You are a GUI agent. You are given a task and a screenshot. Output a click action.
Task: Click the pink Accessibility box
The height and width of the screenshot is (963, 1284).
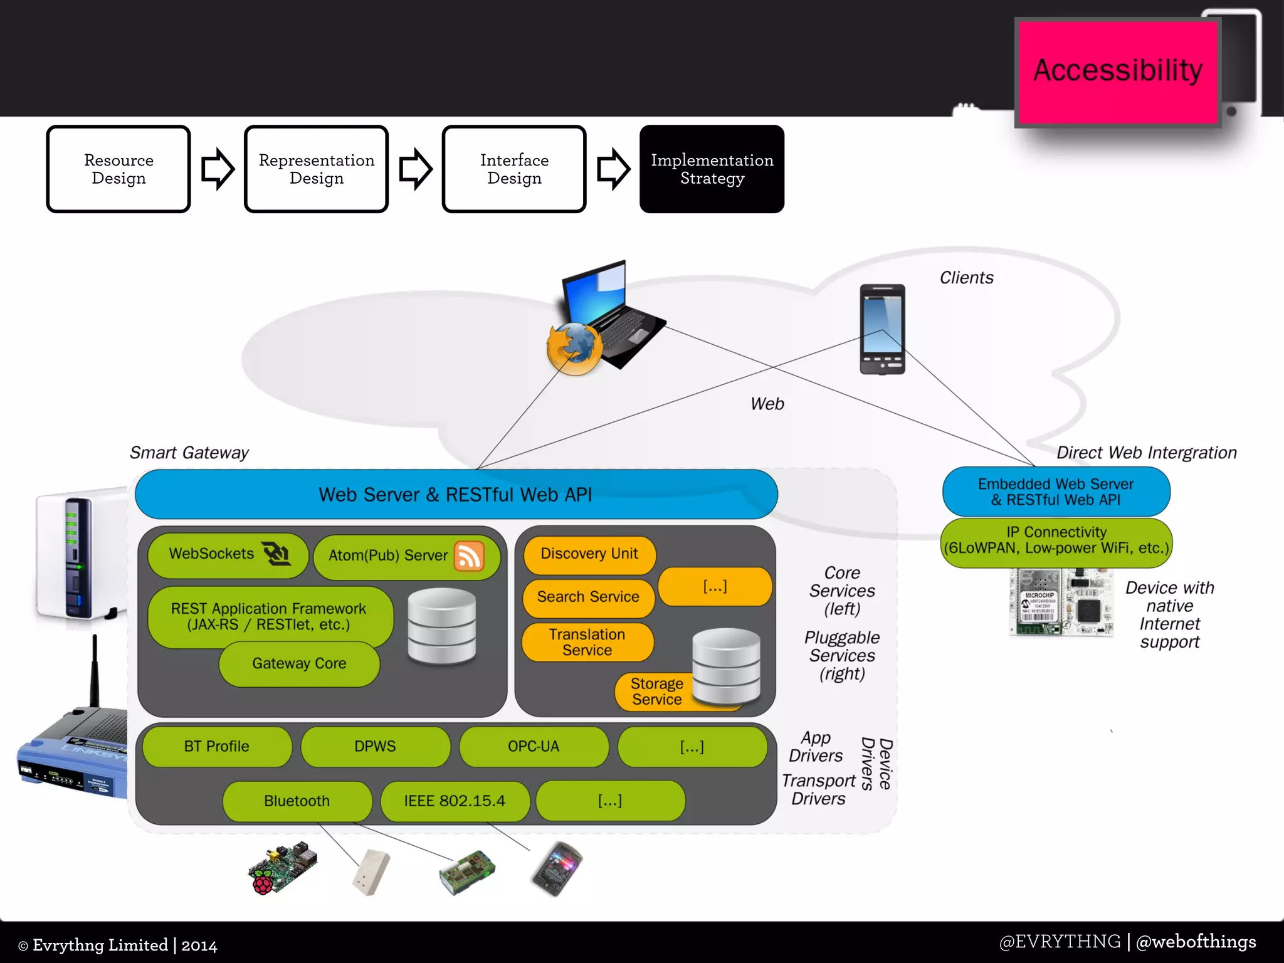point(1117,71)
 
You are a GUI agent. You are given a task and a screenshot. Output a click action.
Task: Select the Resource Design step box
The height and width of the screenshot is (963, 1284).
point(118,169)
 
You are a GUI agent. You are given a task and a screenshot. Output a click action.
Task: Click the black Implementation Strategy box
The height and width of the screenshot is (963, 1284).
point(712,169)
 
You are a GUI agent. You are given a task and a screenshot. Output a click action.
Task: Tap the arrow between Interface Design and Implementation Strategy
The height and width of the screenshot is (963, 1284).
point(613,169)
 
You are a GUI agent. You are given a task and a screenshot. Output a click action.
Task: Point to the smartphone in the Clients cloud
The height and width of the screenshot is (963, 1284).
point(882,329)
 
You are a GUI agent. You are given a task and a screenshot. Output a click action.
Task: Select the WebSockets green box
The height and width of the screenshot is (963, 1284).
point(227,554)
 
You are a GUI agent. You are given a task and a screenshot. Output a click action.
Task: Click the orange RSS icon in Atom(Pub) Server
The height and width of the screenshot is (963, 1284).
point(470,555)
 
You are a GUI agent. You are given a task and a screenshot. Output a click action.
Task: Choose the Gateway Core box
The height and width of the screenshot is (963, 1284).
point(299,664)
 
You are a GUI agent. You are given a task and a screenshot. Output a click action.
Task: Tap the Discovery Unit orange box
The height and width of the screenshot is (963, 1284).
point(589,554)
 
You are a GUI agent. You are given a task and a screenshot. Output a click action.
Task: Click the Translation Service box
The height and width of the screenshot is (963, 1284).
point(587,643)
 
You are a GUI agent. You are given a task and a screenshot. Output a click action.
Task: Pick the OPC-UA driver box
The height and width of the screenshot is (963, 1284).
point(534,747)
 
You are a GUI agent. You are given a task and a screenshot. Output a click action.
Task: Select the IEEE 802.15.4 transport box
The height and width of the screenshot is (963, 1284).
point(455,801)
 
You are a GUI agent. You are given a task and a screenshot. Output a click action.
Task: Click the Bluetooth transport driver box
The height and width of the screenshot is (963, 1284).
point(297,801)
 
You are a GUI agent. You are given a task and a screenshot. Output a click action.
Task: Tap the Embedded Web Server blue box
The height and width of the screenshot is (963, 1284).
point(1056,492)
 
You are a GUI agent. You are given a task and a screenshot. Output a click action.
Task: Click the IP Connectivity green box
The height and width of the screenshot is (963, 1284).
point(1056,541)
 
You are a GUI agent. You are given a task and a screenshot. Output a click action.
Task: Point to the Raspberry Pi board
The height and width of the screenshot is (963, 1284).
point(282,868)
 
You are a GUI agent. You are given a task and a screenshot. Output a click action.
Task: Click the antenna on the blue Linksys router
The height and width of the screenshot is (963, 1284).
point(95,671)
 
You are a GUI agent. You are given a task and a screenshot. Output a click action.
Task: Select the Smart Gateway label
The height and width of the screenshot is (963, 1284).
point(189,453)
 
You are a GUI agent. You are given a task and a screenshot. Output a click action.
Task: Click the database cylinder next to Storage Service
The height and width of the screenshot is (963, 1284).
point(726,666)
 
